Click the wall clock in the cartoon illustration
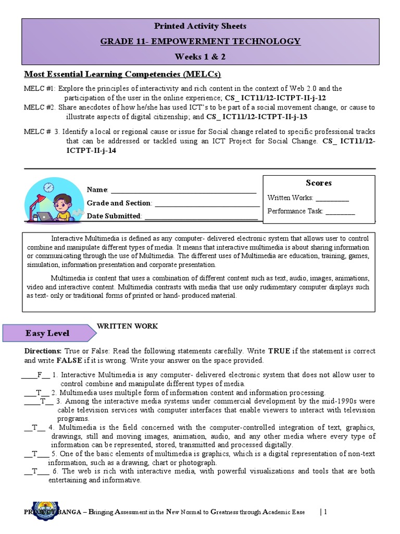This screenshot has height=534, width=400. click(x=49, y=187)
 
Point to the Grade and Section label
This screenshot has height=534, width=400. click(x=119, y=203)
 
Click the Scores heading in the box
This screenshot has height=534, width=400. click(x=319, y=183)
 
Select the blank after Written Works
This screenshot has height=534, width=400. click(x=332, y=198)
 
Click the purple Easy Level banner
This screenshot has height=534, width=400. click(x=48, y=333)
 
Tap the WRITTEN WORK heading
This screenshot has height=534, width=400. click(x=127, y=326)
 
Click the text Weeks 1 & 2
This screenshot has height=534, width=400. click(x=201, y=56)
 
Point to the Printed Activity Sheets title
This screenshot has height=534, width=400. click(x=201, y=26)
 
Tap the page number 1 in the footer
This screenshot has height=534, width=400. click(x=325, y=512)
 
